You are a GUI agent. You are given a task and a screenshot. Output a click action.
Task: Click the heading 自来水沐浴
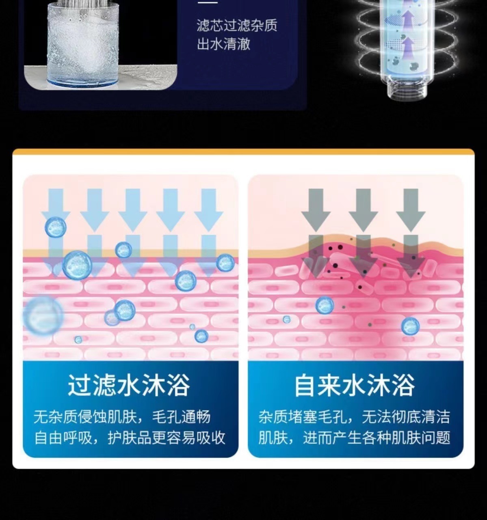(x=354, y=385)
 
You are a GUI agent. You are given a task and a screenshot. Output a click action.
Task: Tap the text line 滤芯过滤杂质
(x=237, y=25)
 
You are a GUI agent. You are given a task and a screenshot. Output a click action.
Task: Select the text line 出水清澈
(x=223, y=44)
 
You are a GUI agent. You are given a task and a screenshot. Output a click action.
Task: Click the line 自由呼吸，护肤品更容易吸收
(x=130, y=438)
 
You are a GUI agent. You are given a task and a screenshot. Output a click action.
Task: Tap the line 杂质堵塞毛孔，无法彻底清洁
(x=354, y=417)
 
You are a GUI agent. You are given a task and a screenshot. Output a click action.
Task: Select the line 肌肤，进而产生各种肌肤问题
(x=354, y=438)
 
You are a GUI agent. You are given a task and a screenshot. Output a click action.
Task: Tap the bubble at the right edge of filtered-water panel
(x=225, y=263)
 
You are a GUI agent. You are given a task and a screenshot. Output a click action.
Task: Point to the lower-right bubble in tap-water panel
(x=410, y=326)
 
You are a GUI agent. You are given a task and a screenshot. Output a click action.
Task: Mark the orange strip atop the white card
(x=243, y=152)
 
